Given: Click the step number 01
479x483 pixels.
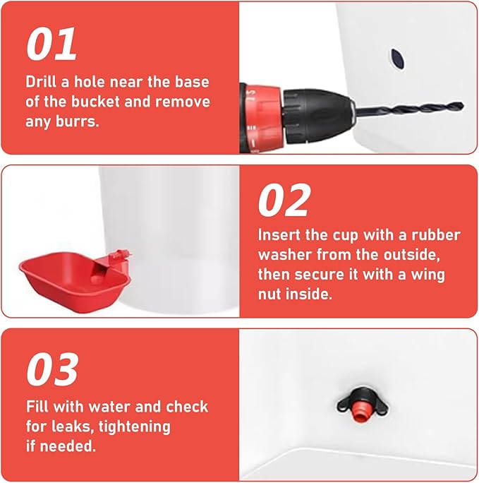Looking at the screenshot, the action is [x=51, y=44].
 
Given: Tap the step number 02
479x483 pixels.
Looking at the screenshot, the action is [x=284, y=201].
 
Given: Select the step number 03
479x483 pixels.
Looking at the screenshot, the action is [x=52, y=369].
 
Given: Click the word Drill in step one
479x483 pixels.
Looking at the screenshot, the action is [x=41, y=82].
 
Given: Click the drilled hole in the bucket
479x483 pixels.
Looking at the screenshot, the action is [x=398, y=59].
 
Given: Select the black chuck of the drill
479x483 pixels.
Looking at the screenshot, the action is [x=318, y=117].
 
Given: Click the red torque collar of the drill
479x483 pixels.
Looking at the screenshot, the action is [x=262, y=118].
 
